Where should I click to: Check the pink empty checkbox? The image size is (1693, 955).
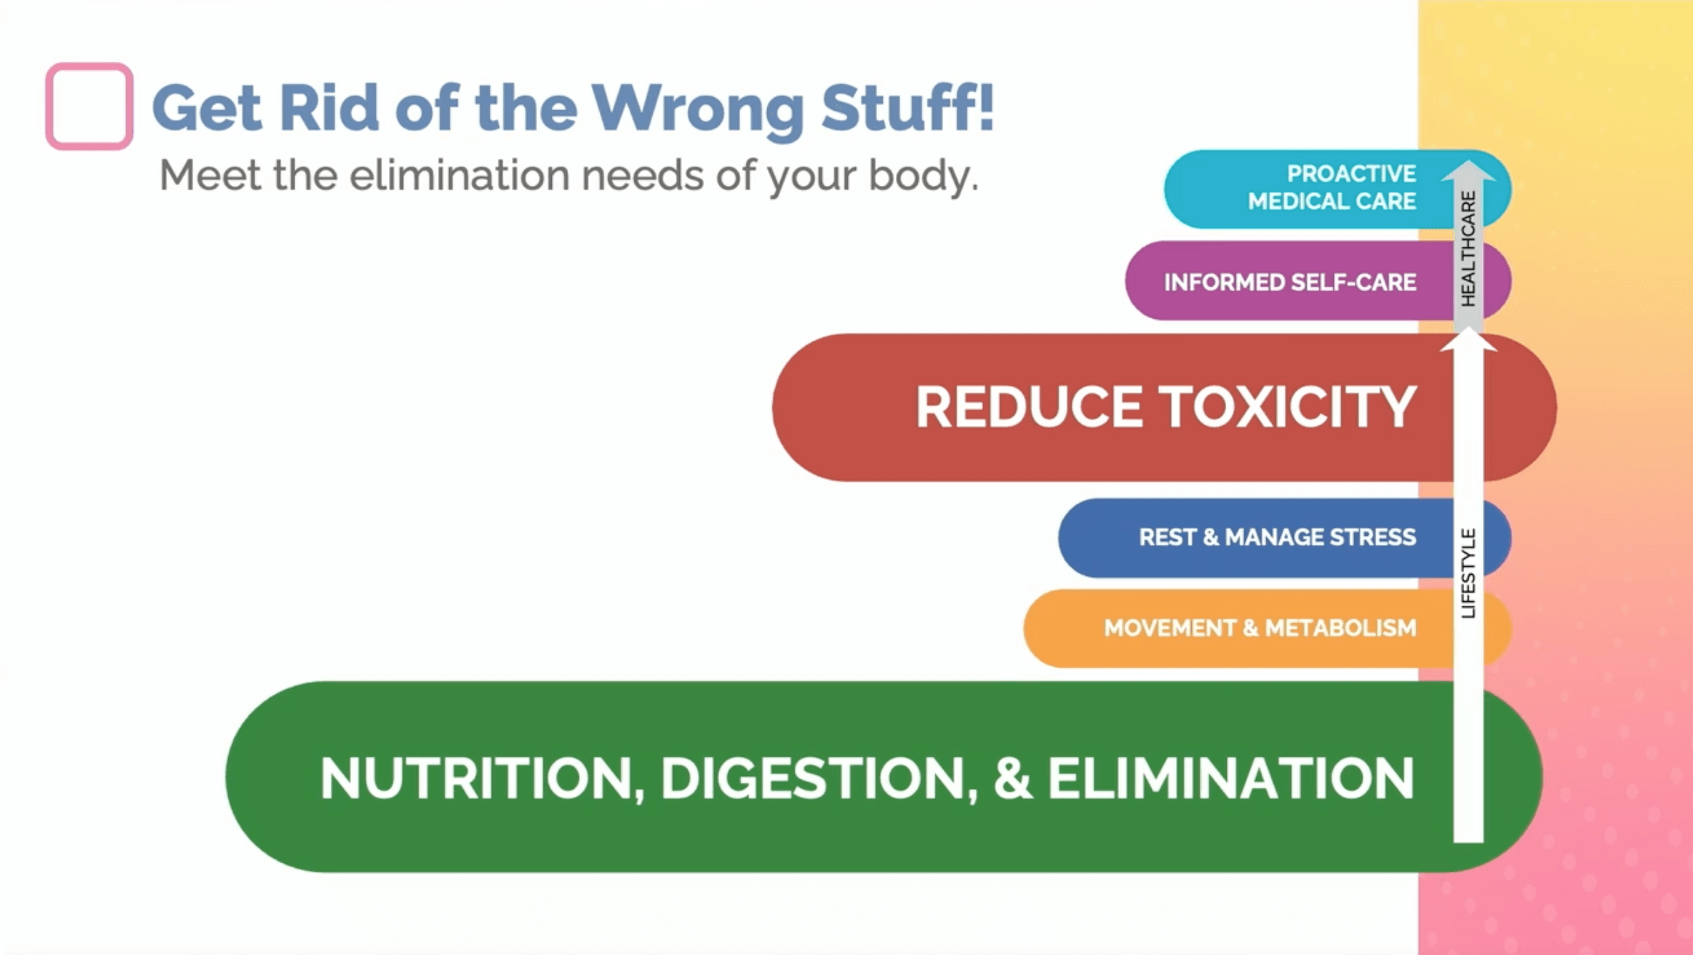point(89,106)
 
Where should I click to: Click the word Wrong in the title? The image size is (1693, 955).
point(698,109)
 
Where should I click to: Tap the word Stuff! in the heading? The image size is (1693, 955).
point(908,107)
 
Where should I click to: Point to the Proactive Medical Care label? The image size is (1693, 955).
point(1332,187)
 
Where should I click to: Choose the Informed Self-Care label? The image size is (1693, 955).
point(1290,282)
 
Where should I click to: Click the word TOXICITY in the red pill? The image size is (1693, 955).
point(1287,407)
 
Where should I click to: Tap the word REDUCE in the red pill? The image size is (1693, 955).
point(1029,407)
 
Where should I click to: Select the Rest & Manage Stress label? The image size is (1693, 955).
point(1277,537)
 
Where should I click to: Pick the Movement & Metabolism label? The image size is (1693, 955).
point(1260,628)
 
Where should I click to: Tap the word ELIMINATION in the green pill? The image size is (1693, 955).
point(1231,778)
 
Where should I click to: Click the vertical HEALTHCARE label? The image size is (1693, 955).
point(1468,249)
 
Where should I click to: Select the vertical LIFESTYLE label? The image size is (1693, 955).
point(1468,573)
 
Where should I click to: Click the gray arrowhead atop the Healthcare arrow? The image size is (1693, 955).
point(1468,170)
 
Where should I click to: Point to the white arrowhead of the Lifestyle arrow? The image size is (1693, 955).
point(1468,339)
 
